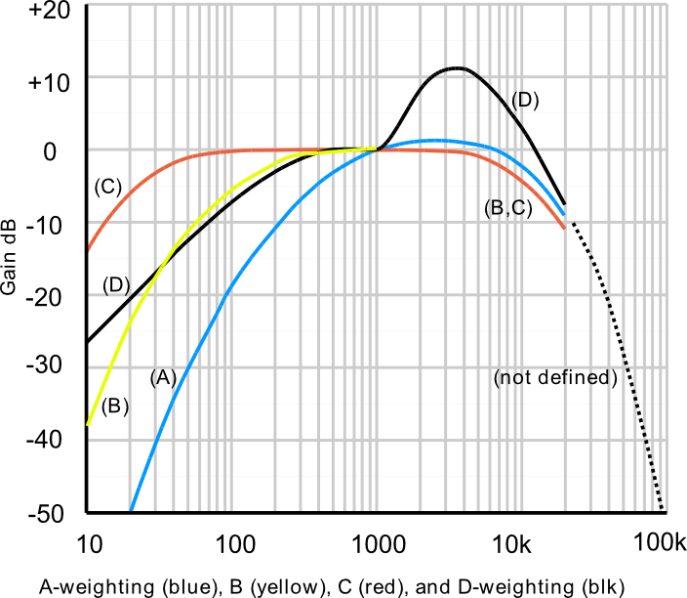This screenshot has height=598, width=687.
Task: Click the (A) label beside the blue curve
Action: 162,377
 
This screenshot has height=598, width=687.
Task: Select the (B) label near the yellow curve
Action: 115,406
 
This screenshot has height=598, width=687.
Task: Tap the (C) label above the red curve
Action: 107,187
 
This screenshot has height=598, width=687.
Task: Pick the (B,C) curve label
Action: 506,208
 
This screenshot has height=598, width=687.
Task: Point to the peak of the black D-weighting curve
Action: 455,67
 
